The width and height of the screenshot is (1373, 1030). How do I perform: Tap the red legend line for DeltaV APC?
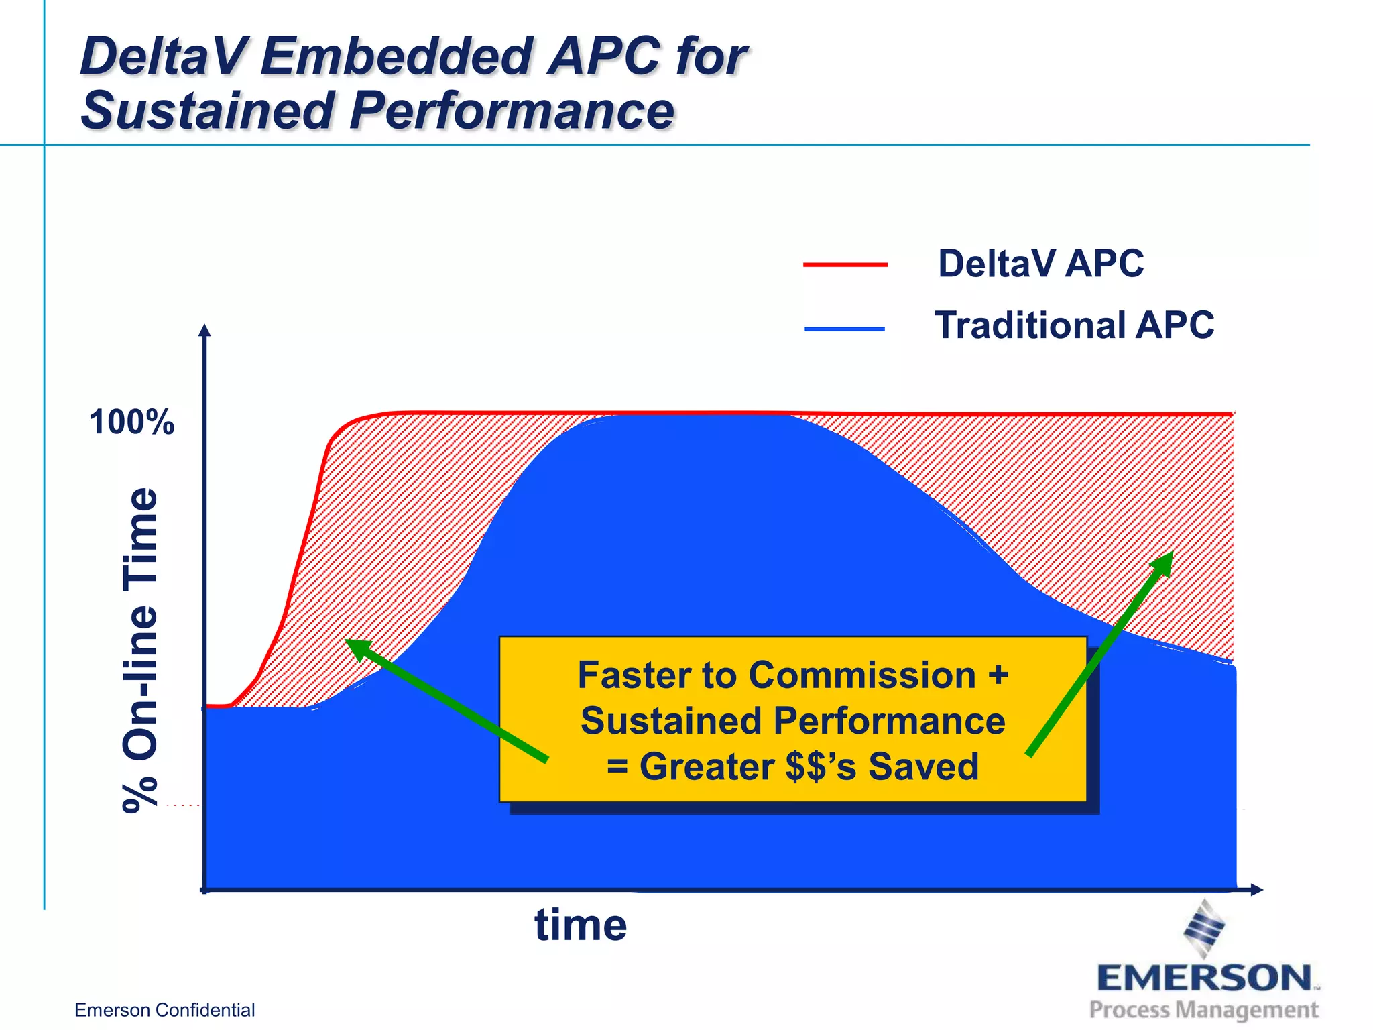pyautogui.click(x=845, y=265)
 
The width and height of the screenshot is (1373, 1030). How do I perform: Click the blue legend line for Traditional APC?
pyautogui.click(x=845, y=329)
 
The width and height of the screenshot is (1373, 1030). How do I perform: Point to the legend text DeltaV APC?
pyautogui.click(x=1040, y=264)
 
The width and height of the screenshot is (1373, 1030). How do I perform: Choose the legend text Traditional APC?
pyautogui.click(x=1074, y=325)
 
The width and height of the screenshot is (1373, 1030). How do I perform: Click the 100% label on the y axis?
pyautogui.click(x=131, y=422)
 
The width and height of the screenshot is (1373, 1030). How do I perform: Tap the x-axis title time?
pyautogui.click(x=581, y=925)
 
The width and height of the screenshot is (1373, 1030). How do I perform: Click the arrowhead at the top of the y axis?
pyautogui.click(x=205, y=330)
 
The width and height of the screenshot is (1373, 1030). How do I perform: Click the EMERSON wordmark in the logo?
pyautogui.click(x=1204, y=978)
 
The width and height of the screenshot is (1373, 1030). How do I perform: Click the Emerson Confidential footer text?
pyautogui.click(x=164, y=1010)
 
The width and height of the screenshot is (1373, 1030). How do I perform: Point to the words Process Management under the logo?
pyautogui.click(x=1203, y=1009)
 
